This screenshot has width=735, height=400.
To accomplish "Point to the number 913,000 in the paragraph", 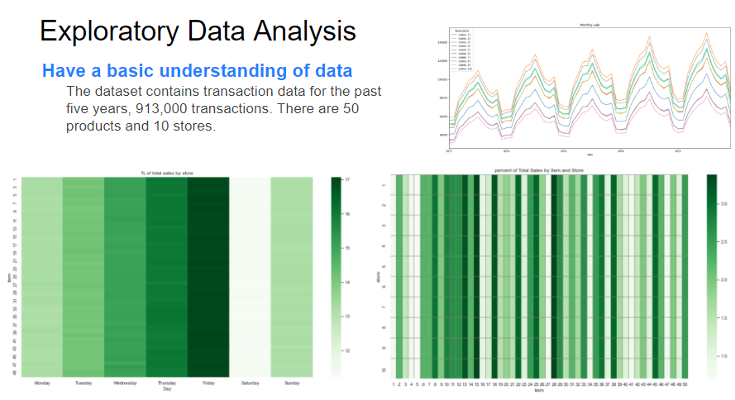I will coord(181,108).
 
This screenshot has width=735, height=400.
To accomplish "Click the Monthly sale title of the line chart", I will coord(591,26).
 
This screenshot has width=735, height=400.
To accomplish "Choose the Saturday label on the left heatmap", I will coord(250,383).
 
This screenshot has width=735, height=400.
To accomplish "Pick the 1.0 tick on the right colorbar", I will coord(723,355).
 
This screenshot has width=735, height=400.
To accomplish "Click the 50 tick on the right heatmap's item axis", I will coord(686,385).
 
